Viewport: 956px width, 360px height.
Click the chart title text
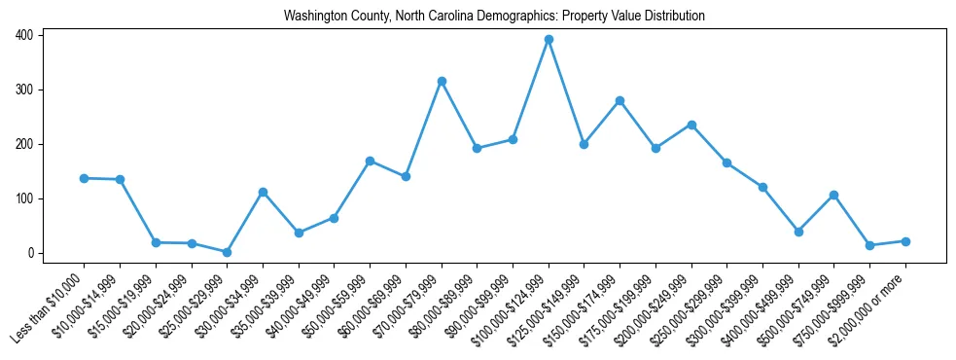coord(494,17)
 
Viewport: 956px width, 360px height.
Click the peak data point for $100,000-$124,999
coord(549,40)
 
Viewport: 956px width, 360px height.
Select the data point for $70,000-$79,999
coord(442,81)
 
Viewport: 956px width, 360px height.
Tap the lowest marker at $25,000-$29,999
coord(227,252)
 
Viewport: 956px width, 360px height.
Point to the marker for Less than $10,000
coord(84,178)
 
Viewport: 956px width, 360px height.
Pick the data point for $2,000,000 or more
coord(905,241)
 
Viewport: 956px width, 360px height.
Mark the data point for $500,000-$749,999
coord(833,195)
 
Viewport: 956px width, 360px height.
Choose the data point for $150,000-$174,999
coord(620,100)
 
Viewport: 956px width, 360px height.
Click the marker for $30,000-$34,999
coord(263,192)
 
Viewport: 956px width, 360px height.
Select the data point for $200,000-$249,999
coord(691,125)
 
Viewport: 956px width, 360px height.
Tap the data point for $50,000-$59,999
coord(370,161)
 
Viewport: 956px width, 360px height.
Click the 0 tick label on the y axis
coord(30,253)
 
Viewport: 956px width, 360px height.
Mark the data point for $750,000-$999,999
coord(869,245)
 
